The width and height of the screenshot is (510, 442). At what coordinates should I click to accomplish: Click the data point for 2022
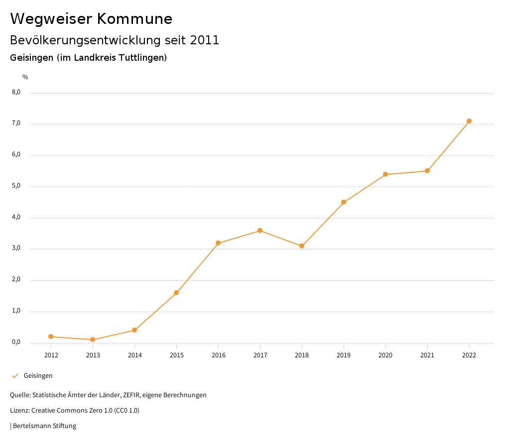[469, 121]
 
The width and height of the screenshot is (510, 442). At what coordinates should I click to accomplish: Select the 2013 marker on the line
[93, 339]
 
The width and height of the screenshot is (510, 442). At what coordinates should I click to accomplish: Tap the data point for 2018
[302, 246]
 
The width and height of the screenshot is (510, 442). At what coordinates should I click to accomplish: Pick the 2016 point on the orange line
[218, 243]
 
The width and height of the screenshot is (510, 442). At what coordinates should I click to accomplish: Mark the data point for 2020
[385, 174]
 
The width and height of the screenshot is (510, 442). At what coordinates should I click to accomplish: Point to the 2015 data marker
[176, 293]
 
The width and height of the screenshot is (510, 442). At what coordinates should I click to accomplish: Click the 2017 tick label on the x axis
[260, 355]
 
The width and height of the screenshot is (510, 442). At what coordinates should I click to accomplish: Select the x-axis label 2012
[51, 355]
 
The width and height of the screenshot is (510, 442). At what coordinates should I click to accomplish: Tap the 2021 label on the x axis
[427, 355]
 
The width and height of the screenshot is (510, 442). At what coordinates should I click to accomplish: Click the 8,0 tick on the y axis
[16, 92]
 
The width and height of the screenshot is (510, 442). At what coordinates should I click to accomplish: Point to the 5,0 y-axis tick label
[16, 186]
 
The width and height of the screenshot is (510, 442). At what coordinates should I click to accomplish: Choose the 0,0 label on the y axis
[16, 342]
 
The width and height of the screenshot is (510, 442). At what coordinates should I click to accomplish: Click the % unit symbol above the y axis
[25, 77]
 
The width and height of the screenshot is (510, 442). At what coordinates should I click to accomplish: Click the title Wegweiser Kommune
[91, 18]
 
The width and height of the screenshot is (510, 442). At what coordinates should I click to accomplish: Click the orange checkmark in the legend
[15, 375]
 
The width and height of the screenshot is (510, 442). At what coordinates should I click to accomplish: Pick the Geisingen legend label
[38, 376]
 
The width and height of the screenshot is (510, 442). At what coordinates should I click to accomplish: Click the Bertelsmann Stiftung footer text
[44, 426]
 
